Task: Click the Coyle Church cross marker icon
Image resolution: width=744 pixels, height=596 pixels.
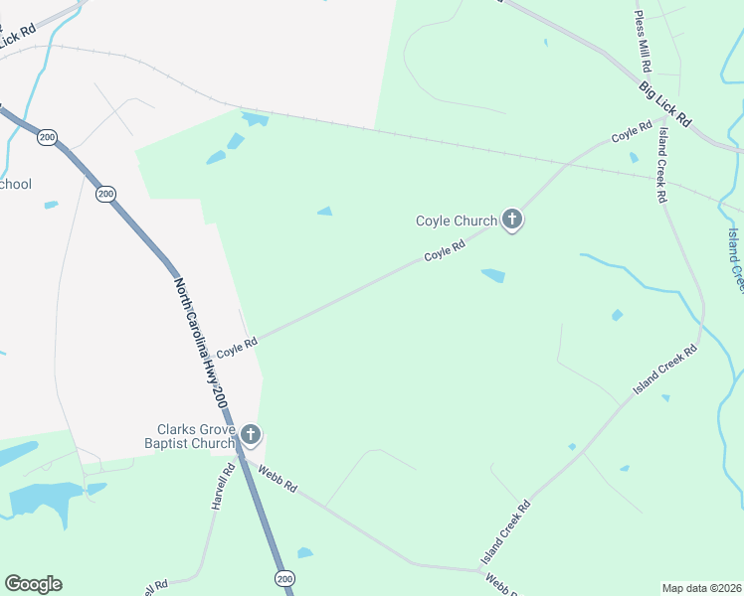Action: [x=512, y=220]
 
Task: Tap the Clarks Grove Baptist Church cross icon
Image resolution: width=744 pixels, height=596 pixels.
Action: [x=251, y=434]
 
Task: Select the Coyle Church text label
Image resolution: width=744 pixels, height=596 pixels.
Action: [x=457, y=221]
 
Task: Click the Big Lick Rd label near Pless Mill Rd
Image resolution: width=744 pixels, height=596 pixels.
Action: [x=663, y=102]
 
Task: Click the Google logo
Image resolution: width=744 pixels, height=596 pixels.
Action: [x=33, y=583]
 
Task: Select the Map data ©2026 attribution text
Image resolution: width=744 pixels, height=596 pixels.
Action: [x=701, y=588]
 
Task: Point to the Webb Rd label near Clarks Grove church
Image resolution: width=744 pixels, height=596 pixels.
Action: [x=278, y=479]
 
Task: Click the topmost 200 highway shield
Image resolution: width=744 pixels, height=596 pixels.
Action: [x=47, y=137]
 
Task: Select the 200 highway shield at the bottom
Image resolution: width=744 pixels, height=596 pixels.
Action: [x=284, y=578]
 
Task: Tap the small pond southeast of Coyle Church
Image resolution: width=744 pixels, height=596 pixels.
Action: [x=492, y=275]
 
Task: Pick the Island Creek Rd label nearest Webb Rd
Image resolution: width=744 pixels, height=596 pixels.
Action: [x=506, y=532]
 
